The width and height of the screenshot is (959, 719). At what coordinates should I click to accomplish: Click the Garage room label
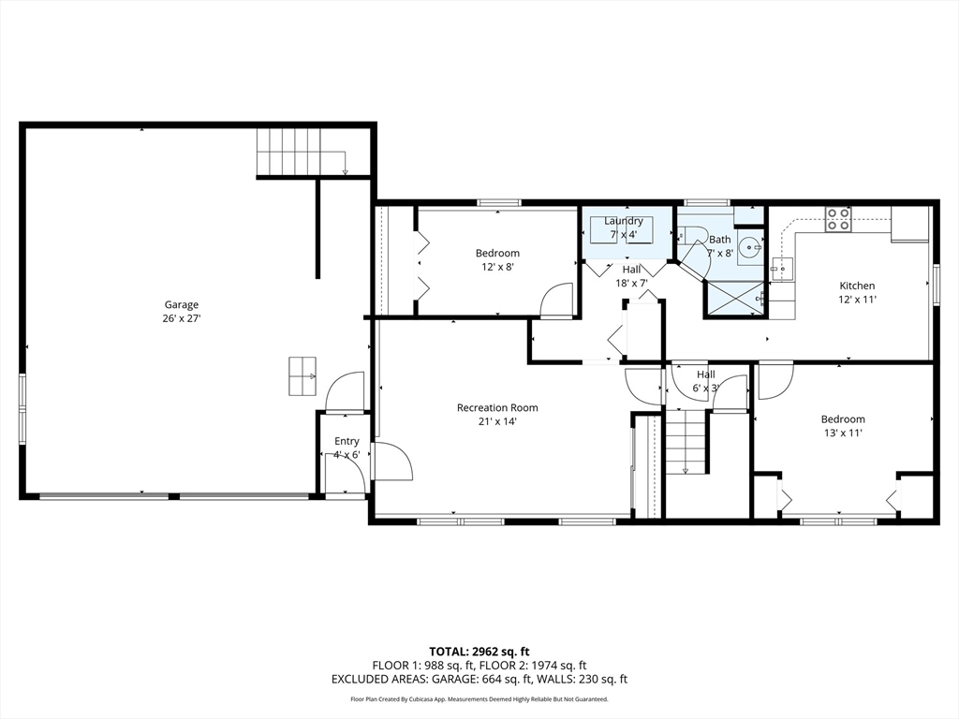[x=182, y=304]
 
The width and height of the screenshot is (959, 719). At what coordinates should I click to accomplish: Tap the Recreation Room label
[x=498, y=408]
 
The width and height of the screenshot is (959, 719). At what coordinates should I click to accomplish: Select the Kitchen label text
[x=857, y=286]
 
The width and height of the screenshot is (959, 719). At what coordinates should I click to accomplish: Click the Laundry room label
[x=623, y=221]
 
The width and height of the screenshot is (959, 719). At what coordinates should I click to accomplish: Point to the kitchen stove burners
[x=838, y=219]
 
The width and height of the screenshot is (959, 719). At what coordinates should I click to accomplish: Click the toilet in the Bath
[x=692, y=234]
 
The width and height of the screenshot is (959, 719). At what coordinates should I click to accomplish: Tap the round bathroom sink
[x=749, y=247]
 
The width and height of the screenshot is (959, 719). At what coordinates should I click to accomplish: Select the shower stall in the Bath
[x=734, y=299]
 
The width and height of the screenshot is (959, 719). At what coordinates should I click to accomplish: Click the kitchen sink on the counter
[x=781, y=269]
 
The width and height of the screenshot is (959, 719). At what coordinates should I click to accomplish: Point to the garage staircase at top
[x=302, y=152]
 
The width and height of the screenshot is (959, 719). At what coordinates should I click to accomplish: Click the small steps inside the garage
[x=302, y=376]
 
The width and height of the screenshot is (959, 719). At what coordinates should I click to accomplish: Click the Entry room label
[x=347, y=441]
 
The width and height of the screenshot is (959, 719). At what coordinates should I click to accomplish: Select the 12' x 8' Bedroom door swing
[x=556, y=301]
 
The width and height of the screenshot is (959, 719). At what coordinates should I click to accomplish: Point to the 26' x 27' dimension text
[x=182, y=318]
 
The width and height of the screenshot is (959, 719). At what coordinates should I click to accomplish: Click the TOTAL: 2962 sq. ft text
[x=479, y=652]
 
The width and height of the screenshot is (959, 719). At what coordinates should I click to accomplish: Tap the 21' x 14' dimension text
[x=498, y=421]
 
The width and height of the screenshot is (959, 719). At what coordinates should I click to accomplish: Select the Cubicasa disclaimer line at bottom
[x=479, y=698]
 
